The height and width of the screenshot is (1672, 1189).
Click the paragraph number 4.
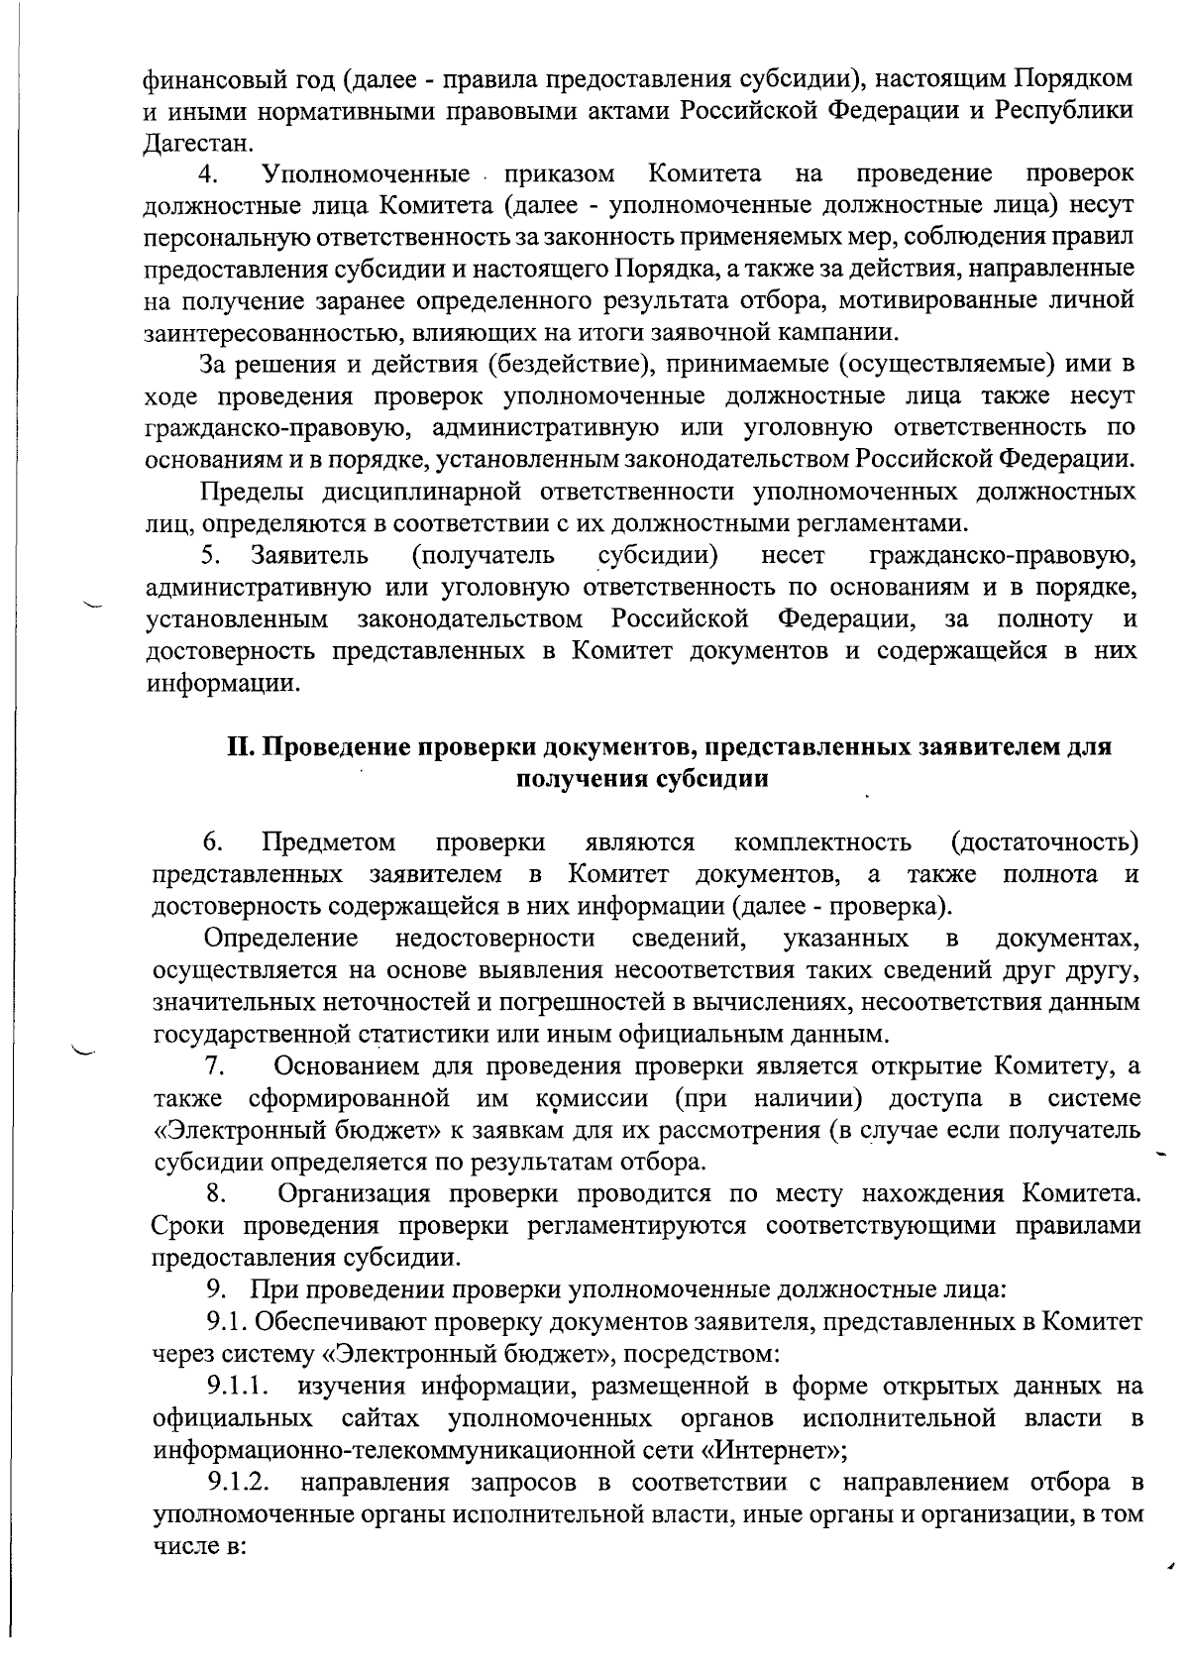(208, 175)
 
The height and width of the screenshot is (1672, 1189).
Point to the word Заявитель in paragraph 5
(310, 556)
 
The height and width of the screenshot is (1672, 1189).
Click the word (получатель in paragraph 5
(483, 556)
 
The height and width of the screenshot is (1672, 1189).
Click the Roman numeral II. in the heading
(244, 747)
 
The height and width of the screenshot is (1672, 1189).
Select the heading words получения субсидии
(642, 779)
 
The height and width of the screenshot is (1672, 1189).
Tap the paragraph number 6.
(212, 843)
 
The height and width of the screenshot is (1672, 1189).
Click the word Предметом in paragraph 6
(329, 843)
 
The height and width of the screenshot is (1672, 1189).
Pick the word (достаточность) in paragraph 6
(1043, 843)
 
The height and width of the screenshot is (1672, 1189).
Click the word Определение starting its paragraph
(280, 939)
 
